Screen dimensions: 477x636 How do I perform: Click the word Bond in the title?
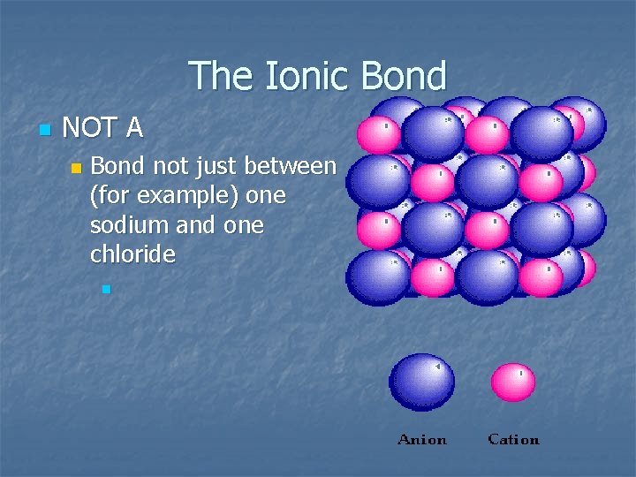point(403,76)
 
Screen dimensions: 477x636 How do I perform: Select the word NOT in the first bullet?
point(90,129)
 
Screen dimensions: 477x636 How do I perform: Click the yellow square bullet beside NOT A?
point(45,130)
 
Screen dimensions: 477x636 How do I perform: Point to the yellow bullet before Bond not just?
point(77,167)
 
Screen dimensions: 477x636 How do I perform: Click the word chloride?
point(132,255)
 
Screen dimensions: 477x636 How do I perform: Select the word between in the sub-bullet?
point(291,165)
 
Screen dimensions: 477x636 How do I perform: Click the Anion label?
point(422,439)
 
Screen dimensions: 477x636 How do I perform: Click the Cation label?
point(513,439)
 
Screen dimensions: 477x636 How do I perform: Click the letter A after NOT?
point(134,129)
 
